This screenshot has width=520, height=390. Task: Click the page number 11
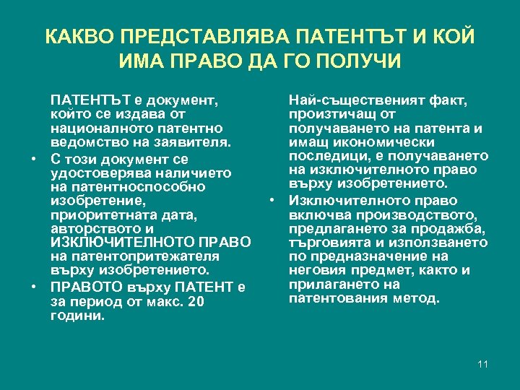(x=483, y=364)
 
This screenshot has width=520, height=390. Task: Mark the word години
(x=78, y=316)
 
